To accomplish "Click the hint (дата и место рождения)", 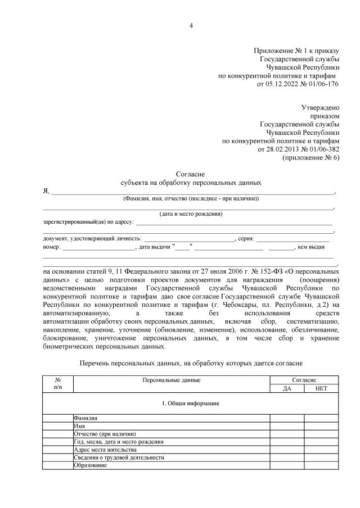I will [191, 214].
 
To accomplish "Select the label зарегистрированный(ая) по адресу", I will [88, 222].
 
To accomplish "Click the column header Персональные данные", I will [172, 380].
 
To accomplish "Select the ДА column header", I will [287, 388].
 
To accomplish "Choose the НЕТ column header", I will [321, 388].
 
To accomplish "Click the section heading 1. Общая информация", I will [191, 403].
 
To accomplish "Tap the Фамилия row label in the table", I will [85, 419].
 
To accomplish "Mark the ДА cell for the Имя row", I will [287, 427].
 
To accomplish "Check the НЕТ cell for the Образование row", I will [321, 465].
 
